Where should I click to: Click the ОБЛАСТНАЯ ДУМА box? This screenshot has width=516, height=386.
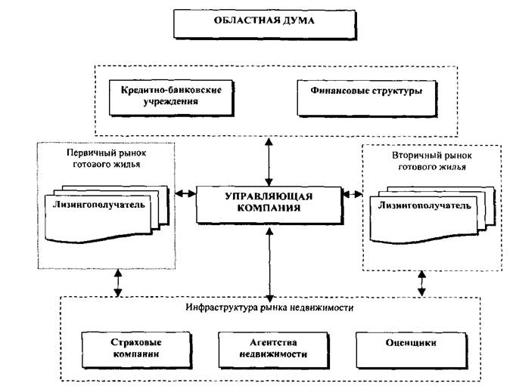[265, 25]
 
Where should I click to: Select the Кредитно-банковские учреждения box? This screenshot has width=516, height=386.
[171, 98]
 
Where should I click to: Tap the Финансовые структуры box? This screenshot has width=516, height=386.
[367, 98]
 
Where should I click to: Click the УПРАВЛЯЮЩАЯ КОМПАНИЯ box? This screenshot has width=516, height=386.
[269, 205]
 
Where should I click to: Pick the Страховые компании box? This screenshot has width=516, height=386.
[137, 350]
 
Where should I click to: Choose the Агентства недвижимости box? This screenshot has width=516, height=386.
[274, 350]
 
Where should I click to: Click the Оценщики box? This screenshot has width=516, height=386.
[412, 350]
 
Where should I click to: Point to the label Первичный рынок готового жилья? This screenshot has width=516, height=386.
[106, 159]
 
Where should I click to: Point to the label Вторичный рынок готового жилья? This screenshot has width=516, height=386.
[432, 161]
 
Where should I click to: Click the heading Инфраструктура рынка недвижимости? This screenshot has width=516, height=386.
[269, 307]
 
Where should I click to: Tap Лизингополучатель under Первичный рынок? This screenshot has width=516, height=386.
[98, 205]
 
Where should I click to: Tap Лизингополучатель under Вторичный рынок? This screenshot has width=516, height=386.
[424, 205]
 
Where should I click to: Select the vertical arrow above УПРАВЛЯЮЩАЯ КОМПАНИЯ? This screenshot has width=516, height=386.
[269, 162]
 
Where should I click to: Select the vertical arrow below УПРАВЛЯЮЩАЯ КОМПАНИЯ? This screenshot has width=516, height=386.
[269, 265]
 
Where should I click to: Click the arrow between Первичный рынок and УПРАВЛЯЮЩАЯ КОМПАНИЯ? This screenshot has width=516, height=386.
[185, 193]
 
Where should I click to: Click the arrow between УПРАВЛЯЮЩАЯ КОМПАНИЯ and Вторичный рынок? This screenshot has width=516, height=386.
[353, 194]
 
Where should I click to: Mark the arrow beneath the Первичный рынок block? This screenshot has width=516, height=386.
[118, 283]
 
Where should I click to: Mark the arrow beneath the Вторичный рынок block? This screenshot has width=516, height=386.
[421, 283]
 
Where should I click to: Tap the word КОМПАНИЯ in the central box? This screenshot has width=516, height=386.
[269, 208]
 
